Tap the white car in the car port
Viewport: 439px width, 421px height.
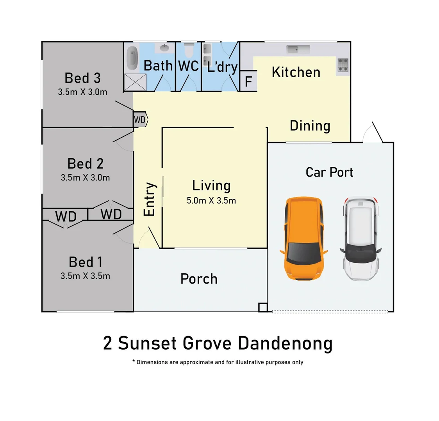[x=360, y=239]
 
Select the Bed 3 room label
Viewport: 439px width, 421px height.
[x=82, y=78]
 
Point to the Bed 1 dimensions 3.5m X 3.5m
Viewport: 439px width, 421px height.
[x=85, y=276]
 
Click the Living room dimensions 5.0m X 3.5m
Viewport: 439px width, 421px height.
[x=211, y=201]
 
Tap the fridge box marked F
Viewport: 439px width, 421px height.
[x=248, y=82]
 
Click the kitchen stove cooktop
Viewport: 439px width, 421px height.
[x=343, y=65]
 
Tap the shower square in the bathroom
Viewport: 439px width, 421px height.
[x=131, y=82]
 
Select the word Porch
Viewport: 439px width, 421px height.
[x=199, y=279]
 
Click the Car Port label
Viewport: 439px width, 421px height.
[x=329, y=172]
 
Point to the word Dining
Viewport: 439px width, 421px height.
[x=310, y=126]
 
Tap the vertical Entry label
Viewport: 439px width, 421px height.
[x=150, y=199]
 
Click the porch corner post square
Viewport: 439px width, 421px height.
[x=263, y=308]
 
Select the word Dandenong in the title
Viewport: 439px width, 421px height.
[x=285, y=343]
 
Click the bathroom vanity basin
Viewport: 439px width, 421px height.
[x=164, y=48]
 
